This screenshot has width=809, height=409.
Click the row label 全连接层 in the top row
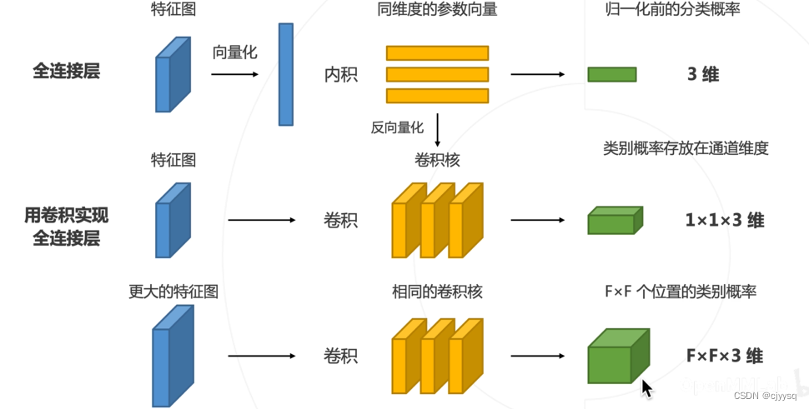coord(67,72)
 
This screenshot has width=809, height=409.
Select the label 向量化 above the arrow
coord(234,52)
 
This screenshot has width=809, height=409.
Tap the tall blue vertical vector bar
coord(286,74)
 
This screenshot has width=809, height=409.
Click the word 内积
coord(340,75)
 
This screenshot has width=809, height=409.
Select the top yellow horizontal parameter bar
coord(437,53)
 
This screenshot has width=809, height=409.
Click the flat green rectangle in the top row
coord(612,75)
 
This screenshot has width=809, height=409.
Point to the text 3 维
coord(702,74)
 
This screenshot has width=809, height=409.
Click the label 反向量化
coord(398,127)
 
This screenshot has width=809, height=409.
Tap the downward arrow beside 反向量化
coord(437,128)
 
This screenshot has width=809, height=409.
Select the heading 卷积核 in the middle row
coord(437,159)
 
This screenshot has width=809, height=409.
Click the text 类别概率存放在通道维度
coord(685,148)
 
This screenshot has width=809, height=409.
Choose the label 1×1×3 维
coord(724,221)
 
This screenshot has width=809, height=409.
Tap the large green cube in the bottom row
coord(617,357)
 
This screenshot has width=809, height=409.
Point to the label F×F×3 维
coord(724,356)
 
